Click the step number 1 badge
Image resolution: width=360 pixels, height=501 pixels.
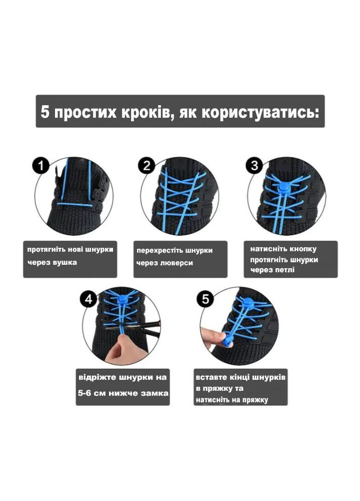click(x=41, y=165)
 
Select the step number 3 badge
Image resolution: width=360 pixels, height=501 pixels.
click(x=254, y=165)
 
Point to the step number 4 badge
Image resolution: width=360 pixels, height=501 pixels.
click(x=89, y=299)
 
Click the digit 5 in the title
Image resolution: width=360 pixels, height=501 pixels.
click(x=45, y=112)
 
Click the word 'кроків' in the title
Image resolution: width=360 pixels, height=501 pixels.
click(x=144, y=112)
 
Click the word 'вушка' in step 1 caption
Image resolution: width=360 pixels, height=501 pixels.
click(x=66, y=262)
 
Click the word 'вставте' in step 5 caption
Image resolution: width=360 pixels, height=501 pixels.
click(x=211, y=378)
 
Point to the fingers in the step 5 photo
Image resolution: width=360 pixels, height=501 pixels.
click(x=212, y=335)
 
